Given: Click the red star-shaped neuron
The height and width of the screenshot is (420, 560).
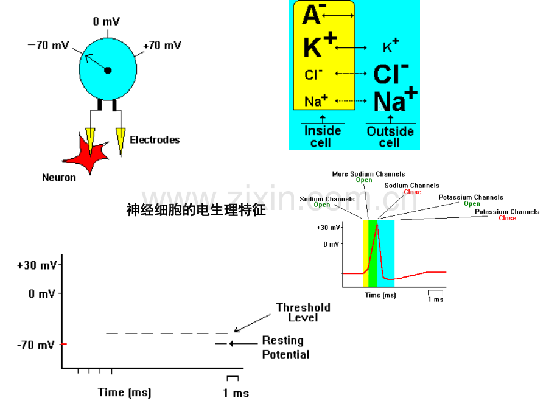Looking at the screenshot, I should [86, 153].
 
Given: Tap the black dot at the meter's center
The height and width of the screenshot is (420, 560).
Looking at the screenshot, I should [108, 71].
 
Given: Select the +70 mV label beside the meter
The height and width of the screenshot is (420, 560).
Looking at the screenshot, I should [162, 46].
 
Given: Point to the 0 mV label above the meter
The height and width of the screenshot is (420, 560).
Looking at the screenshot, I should [106, 22].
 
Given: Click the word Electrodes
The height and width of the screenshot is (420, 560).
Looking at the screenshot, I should [155, 139].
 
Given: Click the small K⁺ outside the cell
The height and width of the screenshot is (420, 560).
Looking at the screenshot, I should [391, 46].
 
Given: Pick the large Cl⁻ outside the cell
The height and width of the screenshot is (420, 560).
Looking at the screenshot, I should [391, 74].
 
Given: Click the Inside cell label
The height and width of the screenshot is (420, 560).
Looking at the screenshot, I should [323, 137].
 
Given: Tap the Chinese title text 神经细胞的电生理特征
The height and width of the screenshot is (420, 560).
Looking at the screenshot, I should [196, 211].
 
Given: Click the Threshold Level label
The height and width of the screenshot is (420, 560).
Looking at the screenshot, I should [303, 312].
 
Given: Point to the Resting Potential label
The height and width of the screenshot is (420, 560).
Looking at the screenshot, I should [285, 347].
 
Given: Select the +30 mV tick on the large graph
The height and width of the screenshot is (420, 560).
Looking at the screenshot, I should [38, 265].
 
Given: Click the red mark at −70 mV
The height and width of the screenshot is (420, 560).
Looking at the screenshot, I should [63, 345].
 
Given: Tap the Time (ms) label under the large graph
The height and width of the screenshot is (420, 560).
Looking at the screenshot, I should [125, 392].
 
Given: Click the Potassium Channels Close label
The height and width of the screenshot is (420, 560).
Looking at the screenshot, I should [507, 215].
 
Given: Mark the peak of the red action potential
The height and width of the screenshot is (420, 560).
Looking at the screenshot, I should [377, 224].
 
